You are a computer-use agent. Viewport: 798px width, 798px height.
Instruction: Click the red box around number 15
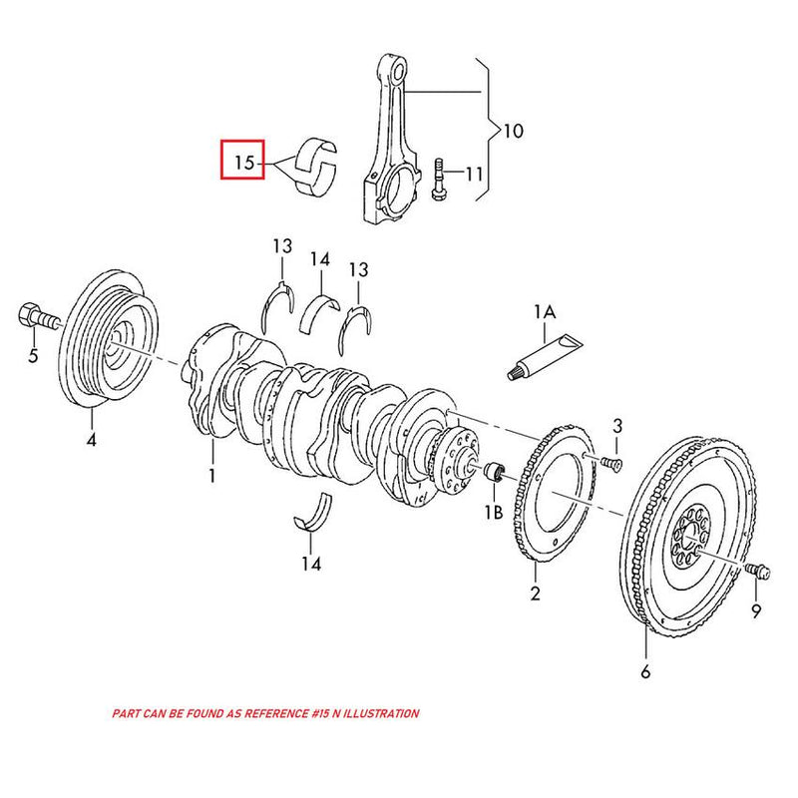pyautogui.click(x=242, y=160)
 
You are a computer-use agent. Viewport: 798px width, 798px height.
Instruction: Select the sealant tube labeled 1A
pyautogui.click(x=544, y=355)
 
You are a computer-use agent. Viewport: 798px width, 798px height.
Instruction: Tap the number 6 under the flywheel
pyautogui.click(x=644, y=672)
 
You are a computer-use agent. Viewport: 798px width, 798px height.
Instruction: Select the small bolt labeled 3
pyautogui.click(x=610, y=461)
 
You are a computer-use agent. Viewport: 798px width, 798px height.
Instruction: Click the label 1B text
pyautogui.click(x=493, y=513)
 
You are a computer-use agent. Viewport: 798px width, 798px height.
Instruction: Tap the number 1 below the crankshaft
pyautogui.click(x=211, y=477)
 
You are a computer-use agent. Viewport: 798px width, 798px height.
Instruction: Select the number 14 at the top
pyautogui.click(x=319, y=259)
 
